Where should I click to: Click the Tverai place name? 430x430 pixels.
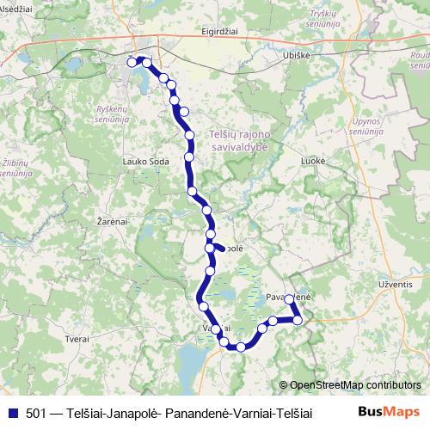point(77,339)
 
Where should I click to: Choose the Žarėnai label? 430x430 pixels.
point(113,221)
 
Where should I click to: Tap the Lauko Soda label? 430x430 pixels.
point(144,162)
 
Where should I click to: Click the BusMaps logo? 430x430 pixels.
point(388,412)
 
